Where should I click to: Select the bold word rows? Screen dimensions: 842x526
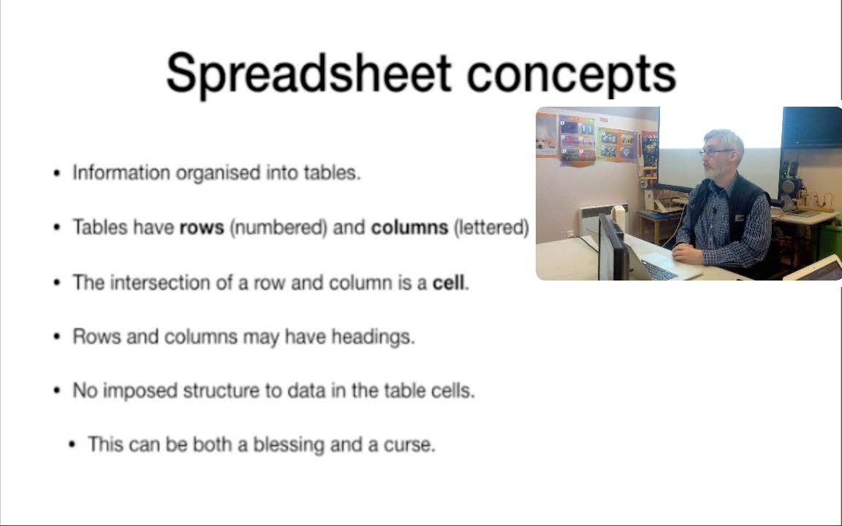(x=202, y=228)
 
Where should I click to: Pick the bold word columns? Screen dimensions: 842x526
(x=410, y=228)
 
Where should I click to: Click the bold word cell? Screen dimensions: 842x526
(x=448, y=282)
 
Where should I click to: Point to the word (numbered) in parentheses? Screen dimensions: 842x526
(x=278, y=228)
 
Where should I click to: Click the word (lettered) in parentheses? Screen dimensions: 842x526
(x=491, y=228)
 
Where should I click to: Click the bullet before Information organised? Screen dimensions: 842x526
(x=57, y=173)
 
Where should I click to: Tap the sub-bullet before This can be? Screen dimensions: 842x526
(x=72, y=445)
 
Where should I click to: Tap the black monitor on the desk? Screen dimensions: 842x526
(x=612, y=248)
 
